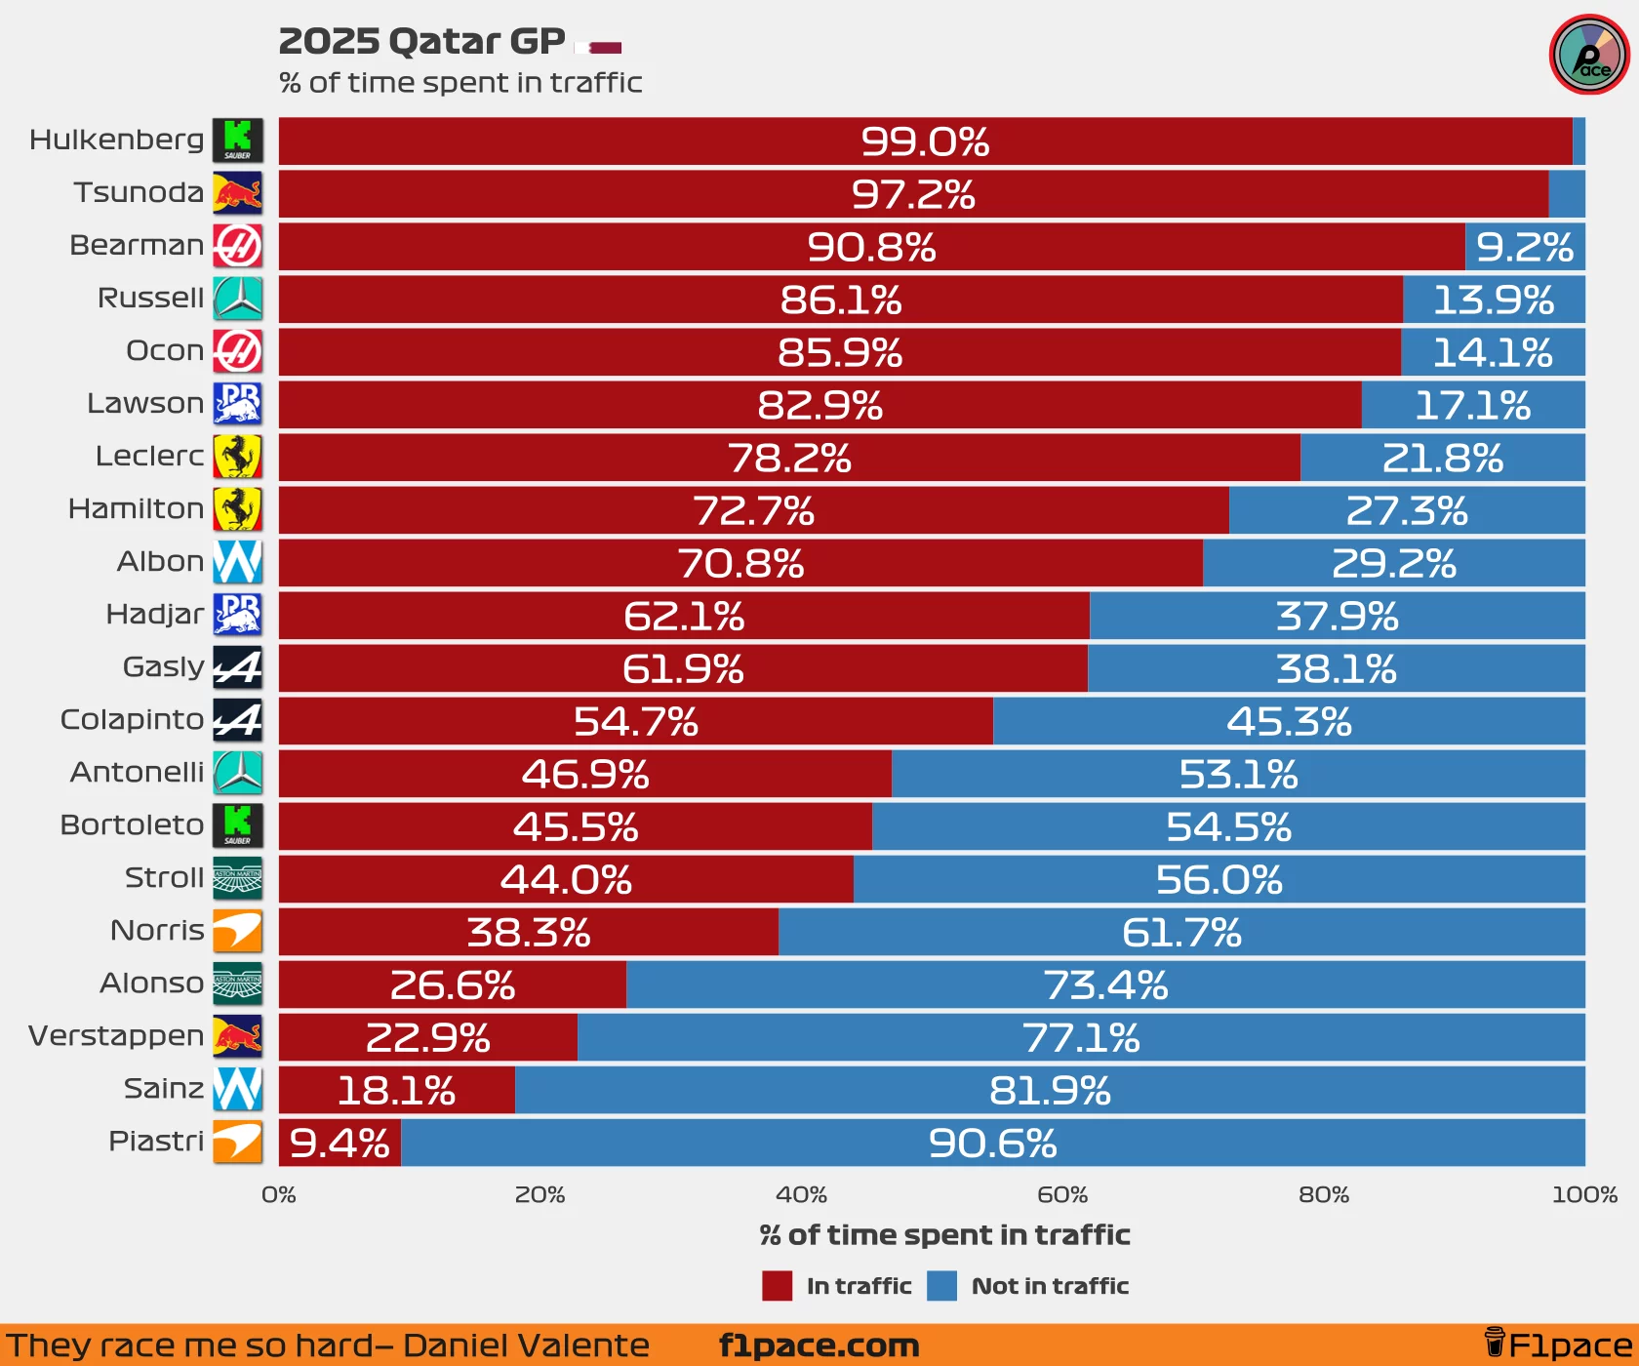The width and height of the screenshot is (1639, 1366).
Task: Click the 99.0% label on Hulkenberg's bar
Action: (x=925, y=142)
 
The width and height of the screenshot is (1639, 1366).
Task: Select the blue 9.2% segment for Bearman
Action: (x=1524, y=247)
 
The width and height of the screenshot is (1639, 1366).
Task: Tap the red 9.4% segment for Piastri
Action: (x=340, y=1143)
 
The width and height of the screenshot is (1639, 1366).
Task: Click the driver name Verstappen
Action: (x=116, y=1035)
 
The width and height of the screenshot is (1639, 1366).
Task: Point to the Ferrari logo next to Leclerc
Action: (x=237, y=457)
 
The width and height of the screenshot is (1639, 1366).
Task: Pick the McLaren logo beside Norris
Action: (x=237, y=932)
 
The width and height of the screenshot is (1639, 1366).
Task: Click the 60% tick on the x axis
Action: (x=1062, y=1194)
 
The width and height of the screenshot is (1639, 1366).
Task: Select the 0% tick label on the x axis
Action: (x=279, y=1194)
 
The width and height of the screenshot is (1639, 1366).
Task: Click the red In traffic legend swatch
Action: (x=777, y=1286)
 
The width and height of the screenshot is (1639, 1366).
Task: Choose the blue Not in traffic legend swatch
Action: (x=941, y=1286)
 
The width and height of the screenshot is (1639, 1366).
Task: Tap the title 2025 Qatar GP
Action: (x=421, y=42)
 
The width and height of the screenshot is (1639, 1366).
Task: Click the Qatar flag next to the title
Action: (x=599, y=47)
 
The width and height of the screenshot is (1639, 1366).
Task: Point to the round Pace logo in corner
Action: (x=1589, y=55)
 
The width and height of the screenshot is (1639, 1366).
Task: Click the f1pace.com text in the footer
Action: (x=819, y=1346)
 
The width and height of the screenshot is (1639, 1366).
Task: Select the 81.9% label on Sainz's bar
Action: (x=1050, y=1090)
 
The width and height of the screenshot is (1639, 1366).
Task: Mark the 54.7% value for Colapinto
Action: (x=635, y=721)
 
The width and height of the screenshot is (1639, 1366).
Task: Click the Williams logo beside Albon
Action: (x=237, y=562)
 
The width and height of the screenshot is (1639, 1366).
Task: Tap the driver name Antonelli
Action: (x=137, y=772)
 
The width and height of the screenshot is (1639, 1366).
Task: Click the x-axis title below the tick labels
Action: (x=944, y=1235)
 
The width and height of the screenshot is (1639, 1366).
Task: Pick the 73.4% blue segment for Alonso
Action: (x=1105, y=984)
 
